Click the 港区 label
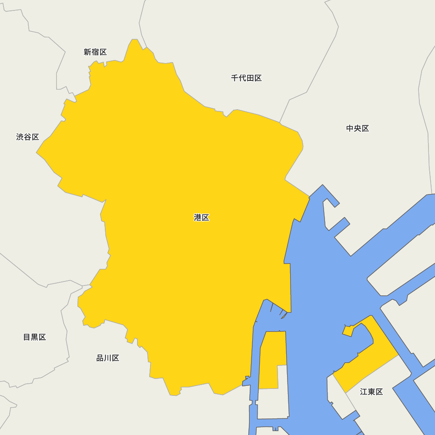tap(201, 217)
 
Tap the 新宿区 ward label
tap(95, 52)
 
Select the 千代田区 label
tap(246, 78)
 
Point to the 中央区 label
tap(358, 128)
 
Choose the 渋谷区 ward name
tap(27, 137)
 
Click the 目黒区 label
tap(34, 337)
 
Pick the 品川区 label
tap(107, 358)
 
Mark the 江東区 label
tap(371, 392)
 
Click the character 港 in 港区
tap(197, 217)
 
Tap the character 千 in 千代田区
tap(235, 78)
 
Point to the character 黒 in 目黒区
tap(34, 337)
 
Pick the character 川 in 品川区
tap(107, 358)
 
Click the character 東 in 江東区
tap(371, 392)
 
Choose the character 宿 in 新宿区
tap(95, 52)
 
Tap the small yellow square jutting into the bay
tap(348, 331)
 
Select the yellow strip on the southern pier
tap(272, 357)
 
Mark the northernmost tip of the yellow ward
tap(134, 40)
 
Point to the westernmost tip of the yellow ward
tap(37, 153)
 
